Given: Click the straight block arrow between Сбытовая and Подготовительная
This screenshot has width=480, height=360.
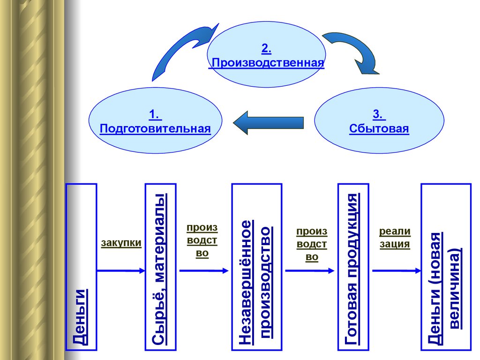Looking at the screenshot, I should click(x=268, y=123).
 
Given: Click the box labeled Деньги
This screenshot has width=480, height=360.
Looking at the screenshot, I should click(x=82, y=267).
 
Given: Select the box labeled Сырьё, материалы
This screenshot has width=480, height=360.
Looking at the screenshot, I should click(x=160, y=267).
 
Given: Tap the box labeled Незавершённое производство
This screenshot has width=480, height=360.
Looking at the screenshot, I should click(x=257, y=267).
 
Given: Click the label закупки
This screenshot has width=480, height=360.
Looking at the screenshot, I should click(x=121, y=243).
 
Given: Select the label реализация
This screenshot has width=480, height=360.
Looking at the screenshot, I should click(x=395, y=237).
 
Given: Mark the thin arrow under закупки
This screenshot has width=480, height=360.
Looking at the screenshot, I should click(x=121, y=270).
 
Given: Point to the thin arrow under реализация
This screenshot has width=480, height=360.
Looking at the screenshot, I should click(x=397, y=270).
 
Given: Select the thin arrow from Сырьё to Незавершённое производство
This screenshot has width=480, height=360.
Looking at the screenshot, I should click(x=203, y=270).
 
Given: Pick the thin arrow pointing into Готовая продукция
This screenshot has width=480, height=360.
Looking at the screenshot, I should click(x=310, y=270).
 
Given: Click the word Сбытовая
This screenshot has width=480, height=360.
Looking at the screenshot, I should click(x=379, y=128).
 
